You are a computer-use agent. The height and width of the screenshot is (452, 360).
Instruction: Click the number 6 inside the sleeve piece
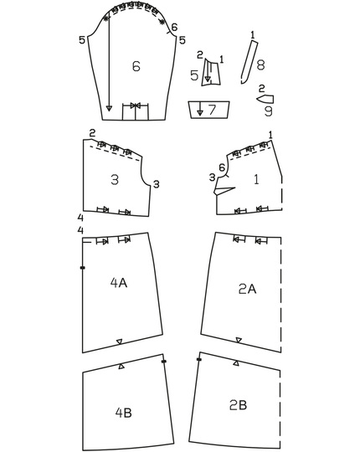[136, 67]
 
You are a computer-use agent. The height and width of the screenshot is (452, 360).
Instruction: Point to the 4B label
[124, 411]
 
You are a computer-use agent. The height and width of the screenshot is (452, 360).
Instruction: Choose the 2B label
[238, 405]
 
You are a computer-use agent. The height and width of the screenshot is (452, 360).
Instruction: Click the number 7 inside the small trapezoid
[212, 110]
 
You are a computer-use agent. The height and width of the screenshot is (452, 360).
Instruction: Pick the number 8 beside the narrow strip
[260, 64]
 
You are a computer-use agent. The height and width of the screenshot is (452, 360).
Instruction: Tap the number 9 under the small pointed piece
[267, 110]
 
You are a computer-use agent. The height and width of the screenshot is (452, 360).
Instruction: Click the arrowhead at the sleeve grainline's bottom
[109, 109]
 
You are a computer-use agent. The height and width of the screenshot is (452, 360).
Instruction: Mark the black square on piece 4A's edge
[82, 268]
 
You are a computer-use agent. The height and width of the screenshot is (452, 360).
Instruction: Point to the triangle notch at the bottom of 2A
[239, 340]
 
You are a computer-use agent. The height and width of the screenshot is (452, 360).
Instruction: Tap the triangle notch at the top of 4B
[122, 367]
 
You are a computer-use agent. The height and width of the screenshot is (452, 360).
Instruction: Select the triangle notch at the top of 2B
[239, 364]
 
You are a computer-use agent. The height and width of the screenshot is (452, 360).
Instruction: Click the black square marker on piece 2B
[198, 360]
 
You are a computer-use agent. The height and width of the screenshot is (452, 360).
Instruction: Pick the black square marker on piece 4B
[163, 362]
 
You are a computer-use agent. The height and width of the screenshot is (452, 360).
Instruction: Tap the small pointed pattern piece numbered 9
[265, 98]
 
